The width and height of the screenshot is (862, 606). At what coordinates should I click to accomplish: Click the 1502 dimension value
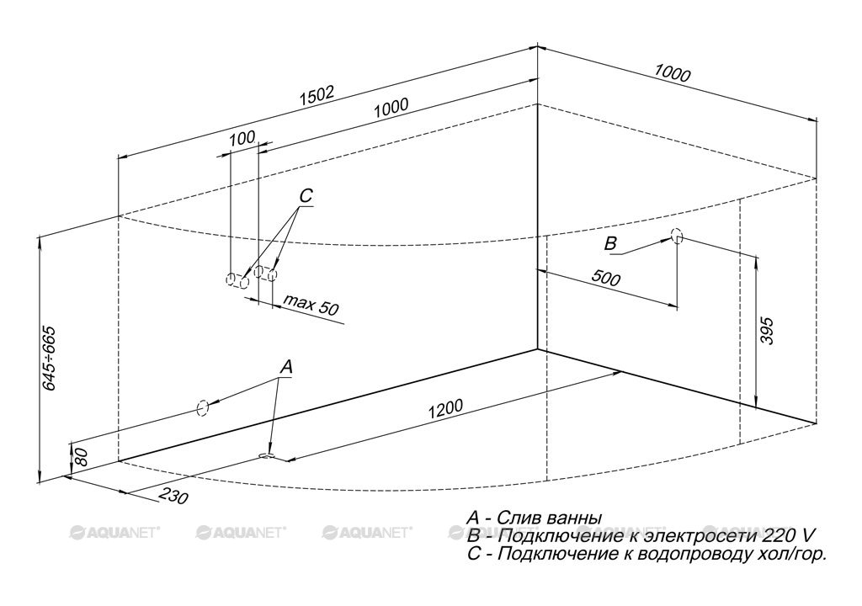317,96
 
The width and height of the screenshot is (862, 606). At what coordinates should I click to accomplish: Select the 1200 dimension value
445,408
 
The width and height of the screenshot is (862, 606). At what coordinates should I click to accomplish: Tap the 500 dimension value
605,279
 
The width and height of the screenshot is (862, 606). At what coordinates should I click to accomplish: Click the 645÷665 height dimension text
50,359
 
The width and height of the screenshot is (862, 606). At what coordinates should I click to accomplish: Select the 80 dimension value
81,456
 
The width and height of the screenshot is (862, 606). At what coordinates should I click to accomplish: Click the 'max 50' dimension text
311,305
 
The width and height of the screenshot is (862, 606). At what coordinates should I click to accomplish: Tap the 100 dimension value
242,137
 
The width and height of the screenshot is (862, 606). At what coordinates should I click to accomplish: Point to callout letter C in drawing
306,195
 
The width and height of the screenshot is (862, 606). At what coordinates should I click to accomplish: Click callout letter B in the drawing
610,243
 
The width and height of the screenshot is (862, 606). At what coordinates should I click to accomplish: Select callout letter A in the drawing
286,367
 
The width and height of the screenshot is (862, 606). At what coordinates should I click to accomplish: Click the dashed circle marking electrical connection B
677,237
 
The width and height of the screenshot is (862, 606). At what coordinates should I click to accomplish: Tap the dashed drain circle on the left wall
202,408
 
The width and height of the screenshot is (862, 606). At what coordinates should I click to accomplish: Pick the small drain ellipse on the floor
267,455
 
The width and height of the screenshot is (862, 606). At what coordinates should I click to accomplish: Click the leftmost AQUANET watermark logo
114,532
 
